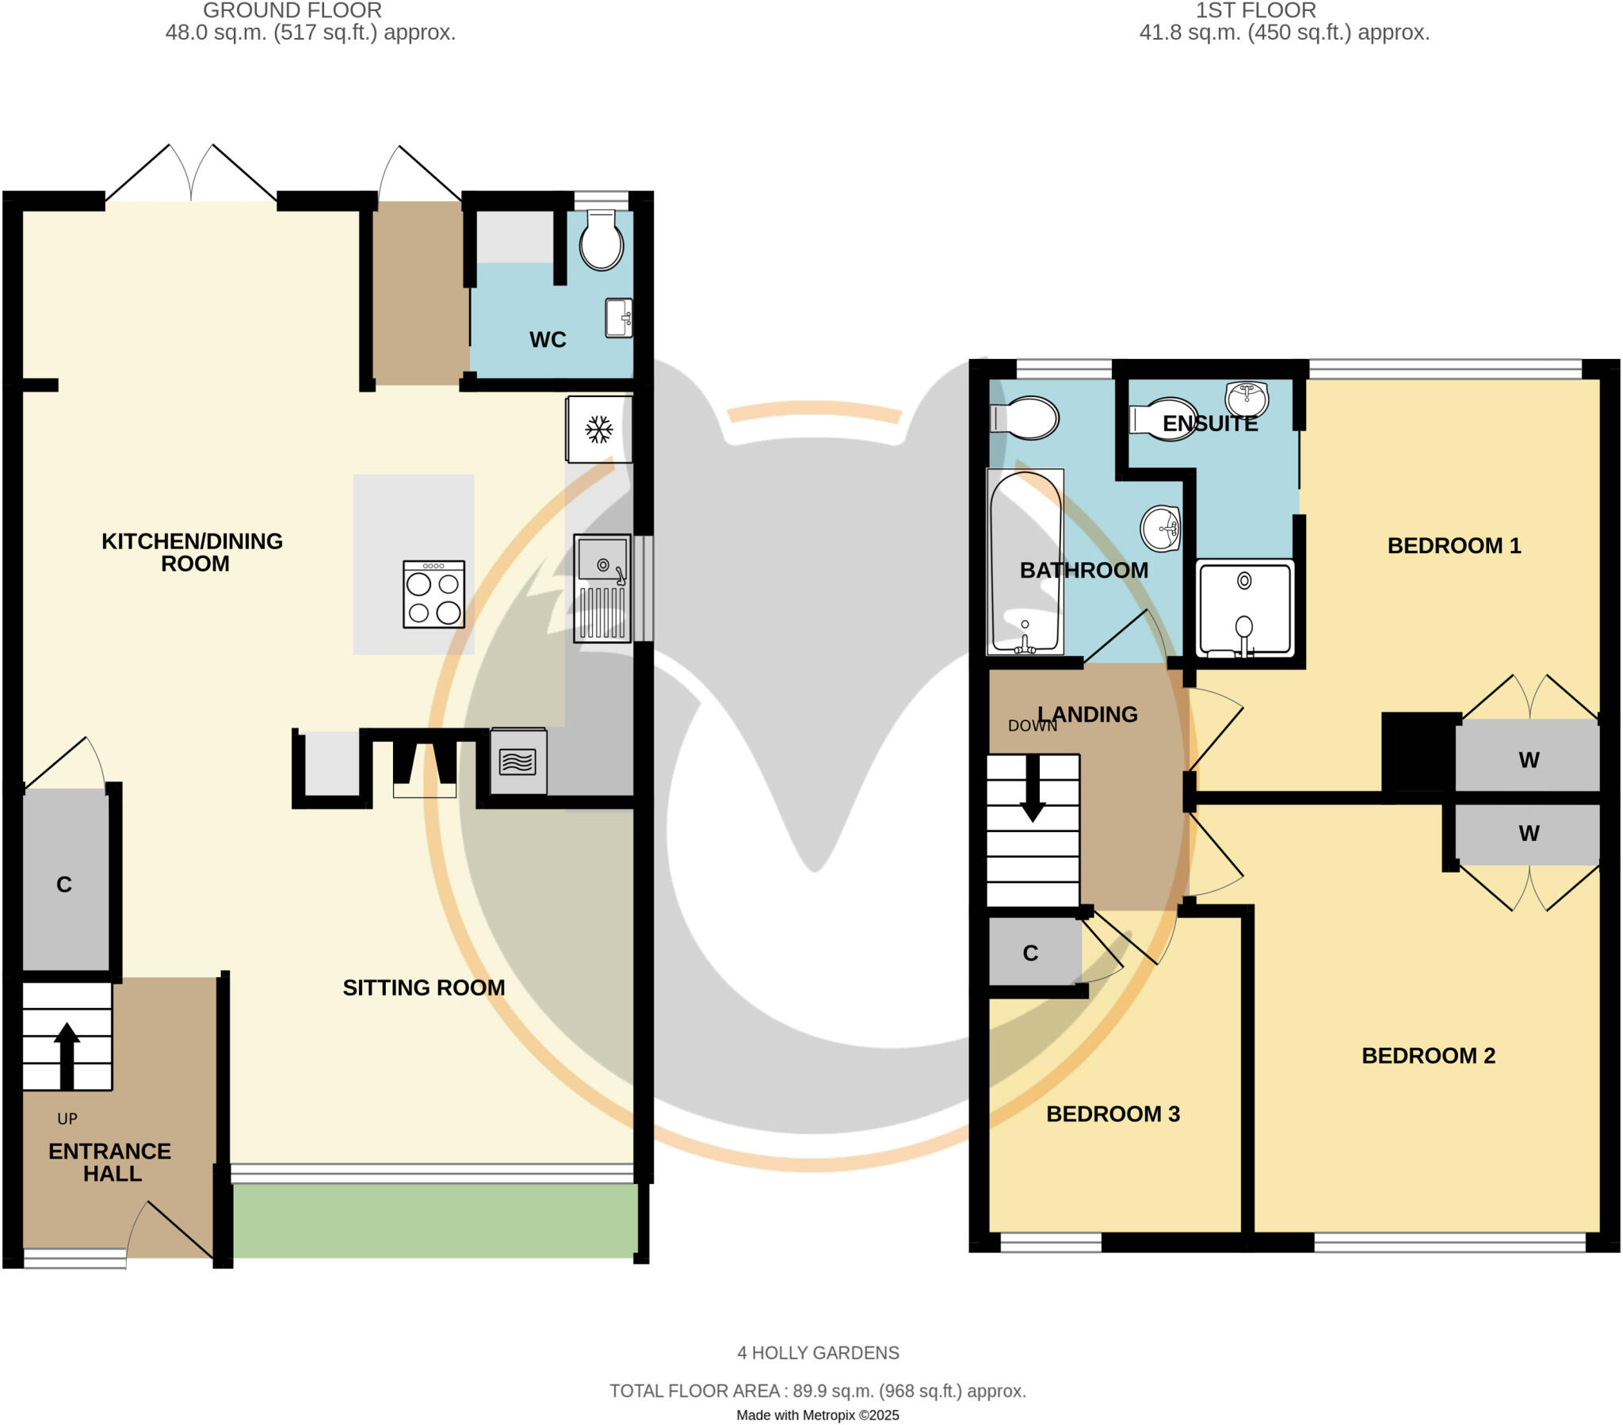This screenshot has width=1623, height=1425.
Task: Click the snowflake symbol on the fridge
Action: [598, 430]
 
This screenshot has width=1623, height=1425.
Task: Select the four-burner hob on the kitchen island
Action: [433, 595]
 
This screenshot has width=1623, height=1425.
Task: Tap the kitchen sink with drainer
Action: [601, 588]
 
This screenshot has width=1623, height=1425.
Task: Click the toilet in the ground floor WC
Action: [601, 241]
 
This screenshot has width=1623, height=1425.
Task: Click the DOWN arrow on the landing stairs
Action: [1033, 789]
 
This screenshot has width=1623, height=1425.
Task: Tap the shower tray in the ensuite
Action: [1244, 609]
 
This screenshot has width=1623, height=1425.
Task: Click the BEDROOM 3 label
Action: [1113, 1114]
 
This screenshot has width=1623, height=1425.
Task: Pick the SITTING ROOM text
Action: [423, 988]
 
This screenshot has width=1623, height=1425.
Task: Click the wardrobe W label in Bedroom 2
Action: [1529, 833]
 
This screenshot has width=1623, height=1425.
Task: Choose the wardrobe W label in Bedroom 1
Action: [1529, 760]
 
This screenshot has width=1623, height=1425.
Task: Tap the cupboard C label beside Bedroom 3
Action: [1030, 953]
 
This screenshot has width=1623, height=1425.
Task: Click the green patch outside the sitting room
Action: [434, 1221]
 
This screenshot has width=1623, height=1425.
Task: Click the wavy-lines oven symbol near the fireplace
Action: [517, 762]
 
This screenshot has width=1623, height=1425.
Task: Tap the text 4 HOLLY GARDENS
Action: [818, 1353]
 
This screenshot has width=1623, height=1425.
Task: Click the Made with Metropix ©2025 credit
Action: [817, 1415]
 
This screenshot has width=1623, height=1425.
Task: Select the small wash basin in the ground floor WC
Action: [619, 319]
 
